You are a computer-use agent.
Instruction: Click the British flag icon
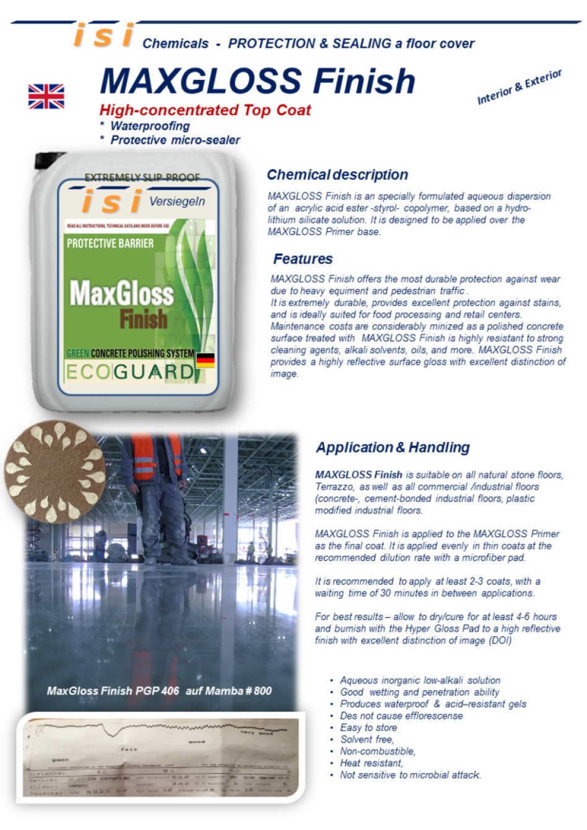(46, 97)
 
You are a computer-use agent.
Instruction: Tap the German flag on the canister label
(205, 360)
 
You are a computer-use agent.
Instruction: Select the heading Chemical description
(337, 175)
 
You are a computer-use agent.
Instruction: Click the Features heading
(303, 259)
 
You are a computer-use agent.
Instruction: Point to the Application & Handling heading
(393, 447)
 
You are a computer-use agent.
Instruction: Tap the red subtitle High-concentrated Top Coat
(205, 110)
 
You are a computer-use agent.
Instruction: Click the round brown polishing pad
(54, 471)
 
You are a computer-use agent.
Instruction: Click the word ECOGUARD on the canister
(130, 372)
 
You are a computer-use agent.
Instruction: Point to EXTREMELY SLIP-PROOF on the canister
(142, 178)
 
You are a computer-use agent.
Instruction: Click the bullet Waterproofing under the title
(150, 126)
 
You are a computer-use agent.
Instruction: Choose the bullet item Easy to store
(368, 727)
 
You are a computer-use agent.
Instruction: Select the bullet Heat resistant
(372, 763)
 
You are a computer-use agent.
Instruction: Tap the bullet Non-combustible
(378, 751)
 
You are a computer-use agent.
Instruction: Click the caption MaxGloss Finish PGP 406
(113, 691)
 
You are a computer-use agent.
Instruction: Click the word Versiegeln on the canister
(177, 201)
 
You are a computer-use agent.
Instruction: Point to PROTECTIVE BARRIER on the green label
(110, 243)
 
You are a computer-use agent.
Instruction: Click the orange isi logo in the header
(103, 35)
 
